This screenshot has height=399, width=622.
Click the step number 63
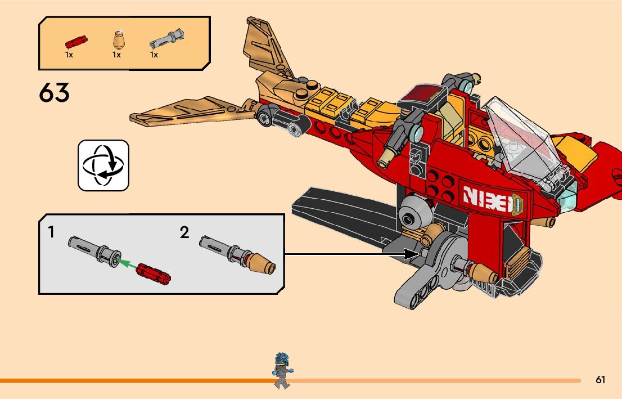(55, 93)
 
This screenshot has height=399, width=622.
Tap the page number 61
(601, 380)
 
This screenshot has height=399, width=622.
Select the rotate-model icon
(103, 165)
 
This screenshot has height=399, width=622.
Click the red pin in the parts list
(76, 42)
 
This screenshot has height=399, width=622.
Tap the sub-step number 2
(184, 232)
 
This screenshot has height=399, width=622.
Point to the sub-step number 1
(51, 232)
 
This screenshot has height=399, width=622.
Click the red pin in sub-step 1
(153, 274)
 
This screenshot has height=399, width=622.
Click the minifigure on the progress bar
(281, 370)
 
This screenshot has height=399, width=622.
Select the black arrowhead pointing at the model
(412, 254)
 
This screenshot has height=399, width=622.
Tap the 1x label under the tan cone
(116, 55)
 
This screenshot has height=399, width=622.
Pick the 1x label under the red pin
(69, 55)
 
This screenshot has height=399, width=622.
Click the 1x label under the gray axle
(154, 55)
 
